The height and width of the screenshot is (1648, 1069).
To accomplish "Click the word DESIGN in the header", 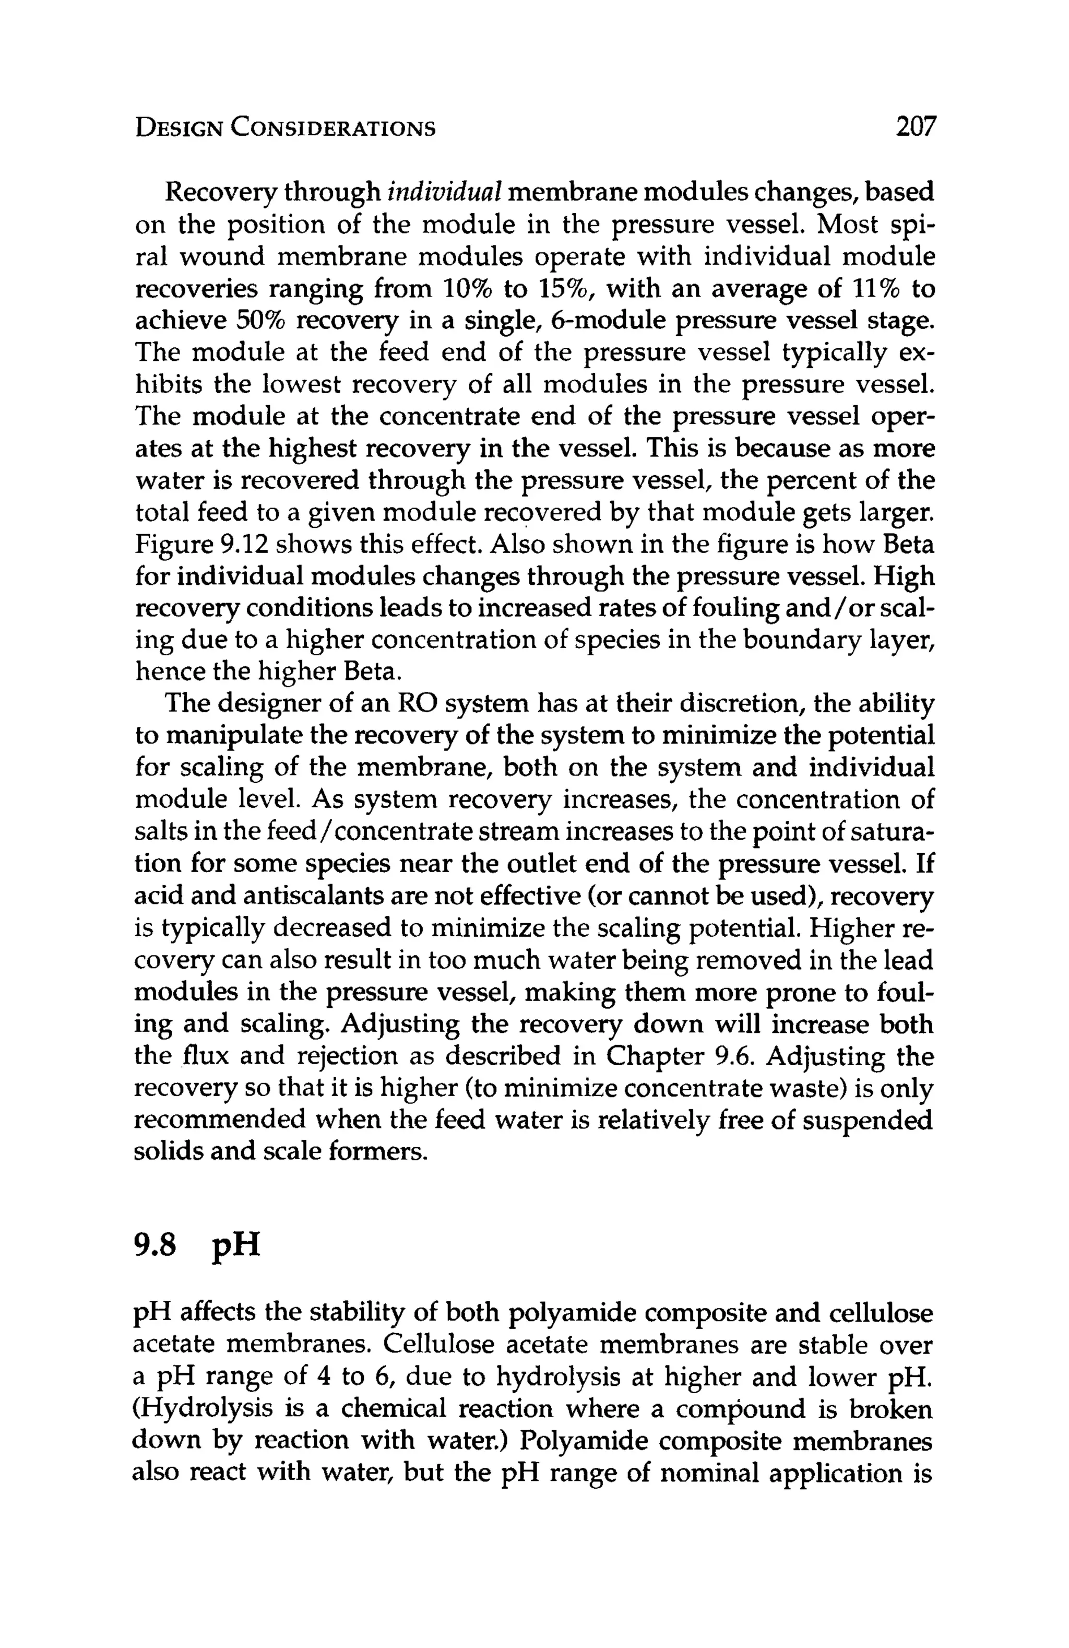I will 178,128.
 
